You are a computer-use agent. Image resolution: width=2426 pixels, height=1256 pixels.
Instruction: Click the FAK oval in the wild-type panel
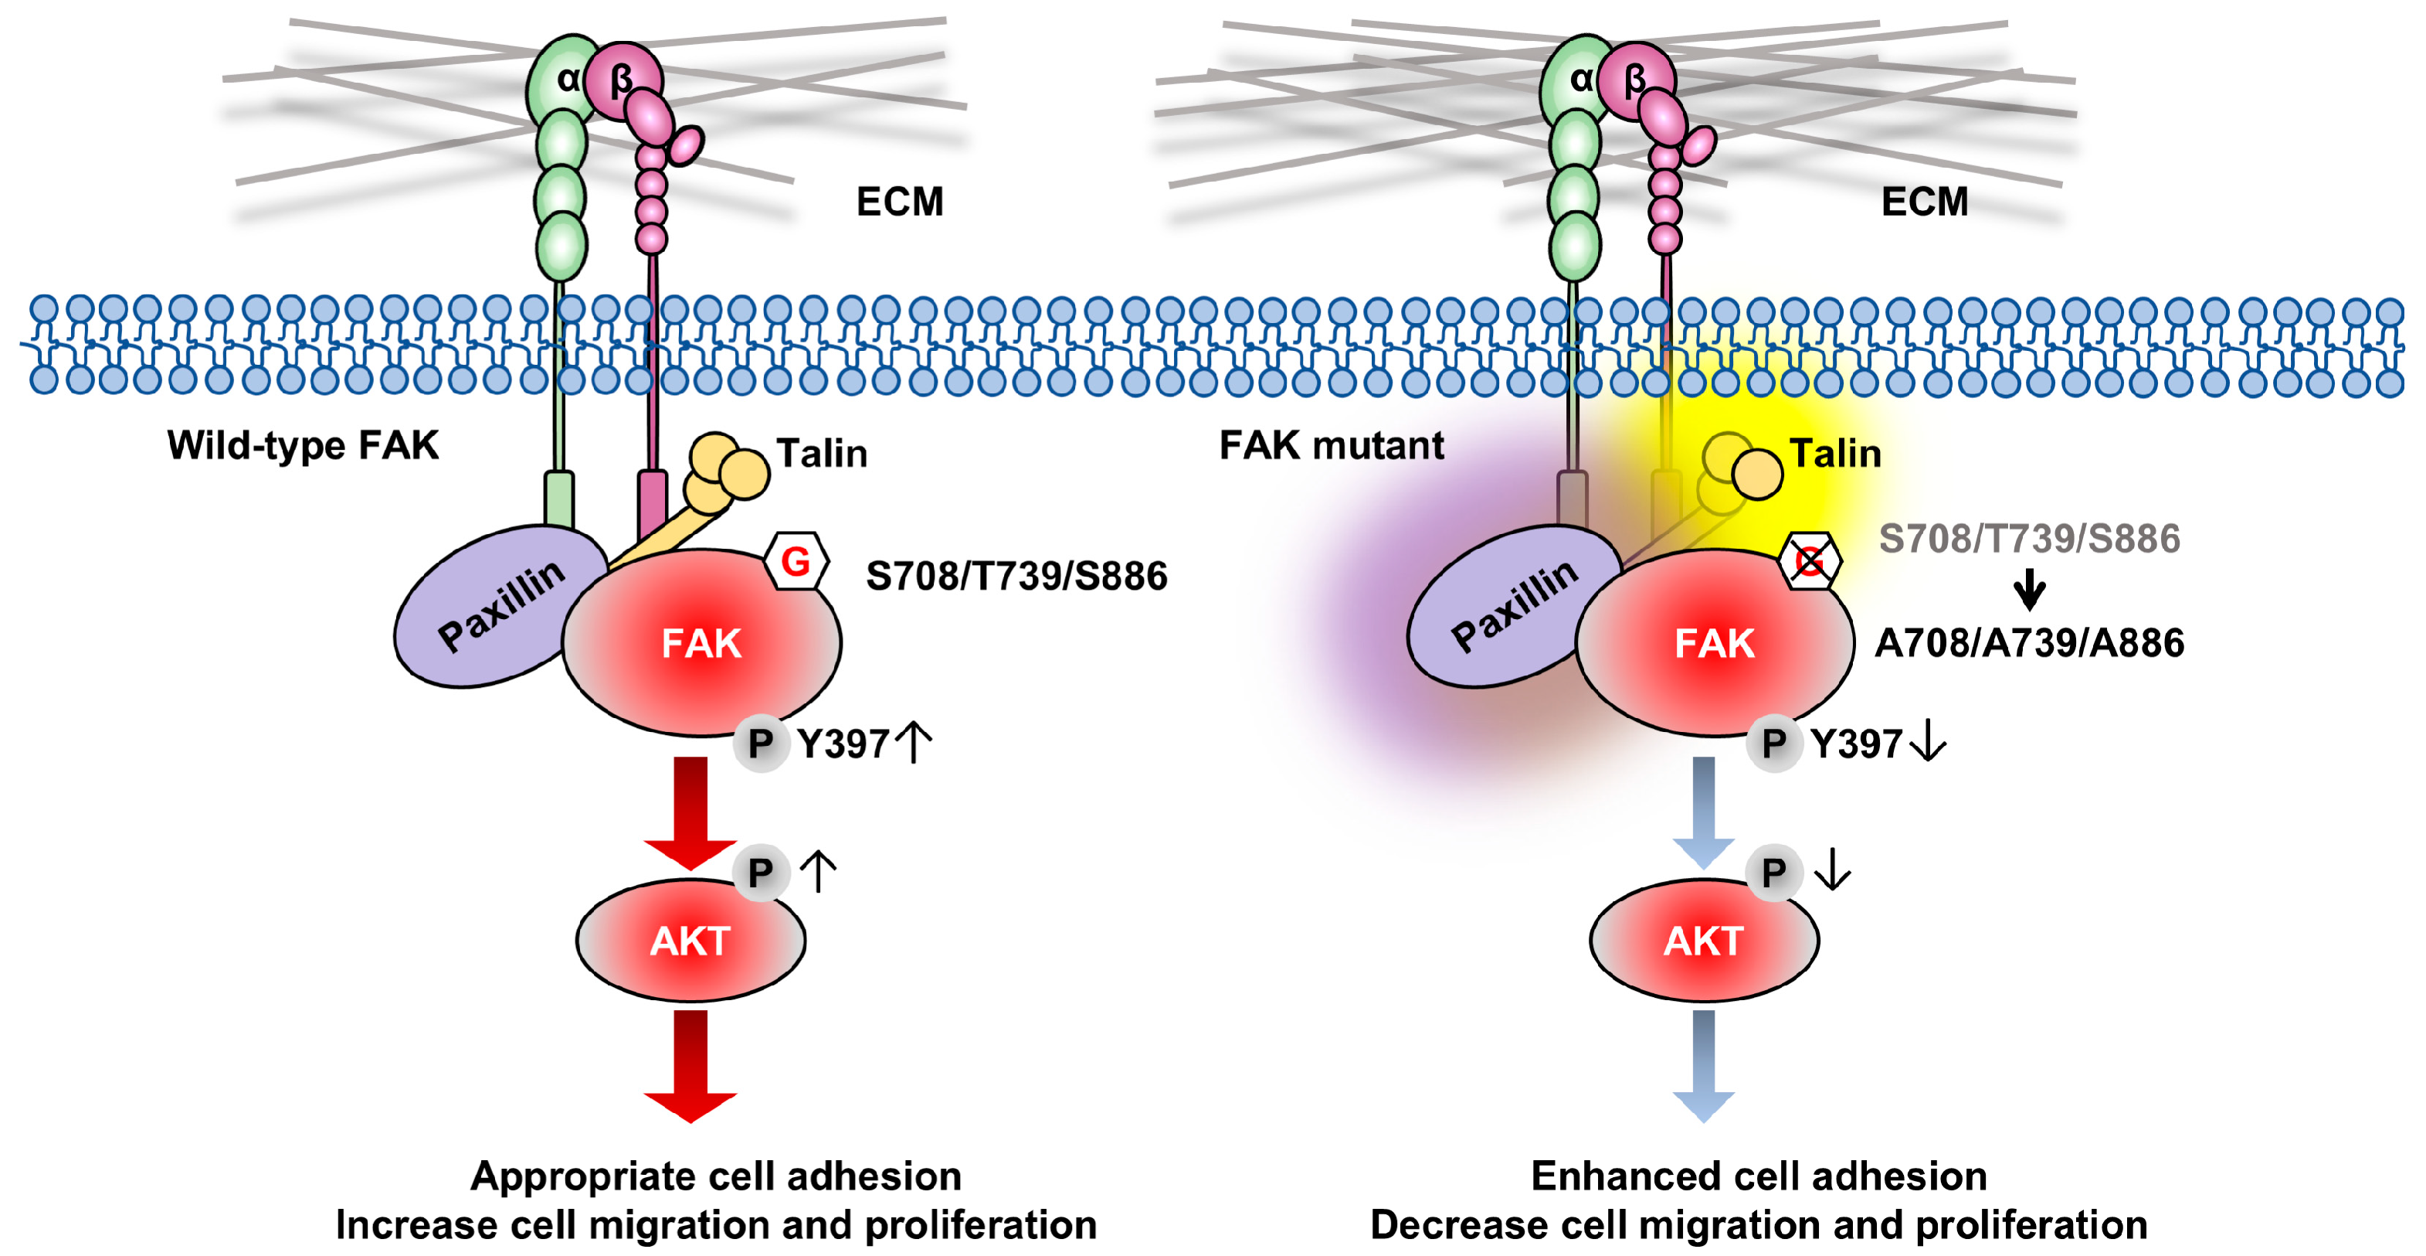(x=701, y=644)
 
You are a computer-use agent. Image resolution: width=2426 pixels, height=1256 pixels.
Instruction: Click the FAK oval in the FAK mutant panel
(x=1714, y=644)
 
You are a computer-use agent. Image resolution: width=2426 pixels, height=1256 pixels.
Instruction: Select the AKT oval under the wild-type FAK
(x=690, y=941)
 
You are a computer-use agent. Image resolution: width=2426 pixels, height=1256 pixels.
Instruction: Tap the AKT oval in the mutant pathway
(x=1704, y=941)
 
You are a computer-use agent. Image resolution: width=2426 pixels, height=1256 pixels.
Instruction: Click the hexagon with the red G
(x=796, y=562)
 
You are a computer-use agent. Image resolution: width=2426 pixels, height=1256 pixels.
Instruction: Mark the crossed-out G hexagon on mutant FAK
(x=1809, y=562)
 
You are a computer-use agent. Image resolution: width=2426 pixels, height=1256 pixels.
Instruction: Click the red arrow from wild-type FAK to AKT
(x=690, y=810)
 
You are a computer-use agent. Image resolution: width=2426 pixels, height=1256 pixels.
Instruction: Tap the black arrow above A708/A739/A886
(x=2030, y=589)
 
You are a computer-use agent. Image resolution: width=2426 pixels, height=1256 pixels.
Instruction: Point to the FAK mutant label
(x=1331, y=444)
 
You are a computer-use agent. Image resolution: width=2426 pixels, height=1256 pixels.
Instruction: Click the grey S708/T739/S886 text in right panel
(x=2030, y=538)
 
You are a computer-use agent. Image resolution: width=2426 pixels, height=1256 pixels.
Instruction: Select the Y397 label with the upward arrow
(x=862, y=744)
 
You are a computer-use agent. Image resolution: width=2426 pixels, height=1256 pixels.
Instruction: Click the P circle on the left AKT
(x=761, y=873)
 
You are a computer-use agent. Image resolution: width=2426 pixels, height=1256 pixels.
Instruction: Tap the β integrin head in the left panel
(x=621, y=79)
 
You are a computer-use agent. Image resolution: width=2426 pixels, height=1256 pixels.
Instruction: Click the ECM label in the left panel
(x=899, y=202)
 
